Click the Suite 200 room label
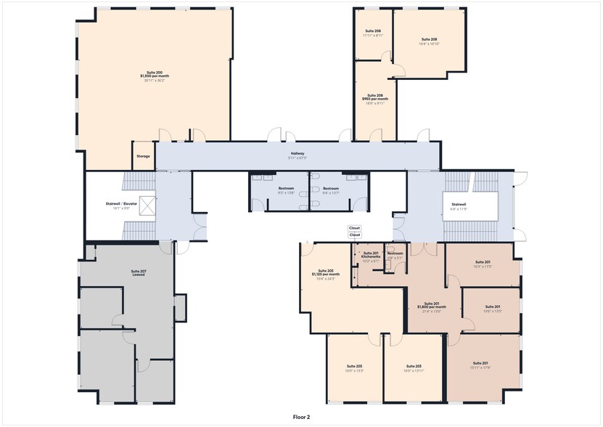click(x=154, y=72)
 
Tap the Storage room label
click(x=143, y=156)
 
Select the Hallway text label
click(x=298, y=154)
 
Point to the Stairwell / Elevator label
click(x=121, y=204)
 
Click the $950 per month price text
click(x=375, y=99)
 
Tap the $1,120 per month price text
click(x=325, y=274)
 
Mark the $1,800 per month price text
click(x=432, y=307)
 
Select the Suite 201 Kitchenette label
click(x=371, y=254)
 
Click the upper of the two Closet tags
click(x=354, y=228)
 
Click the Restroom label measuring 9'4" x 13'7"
click(x=330, y=189)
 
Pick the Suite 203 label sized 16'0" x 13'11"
click(x=414, y=366)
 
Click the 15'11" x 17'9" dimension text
click(x=480, y=367)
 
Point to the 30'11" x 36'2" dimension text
click(x=154, y=80)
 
